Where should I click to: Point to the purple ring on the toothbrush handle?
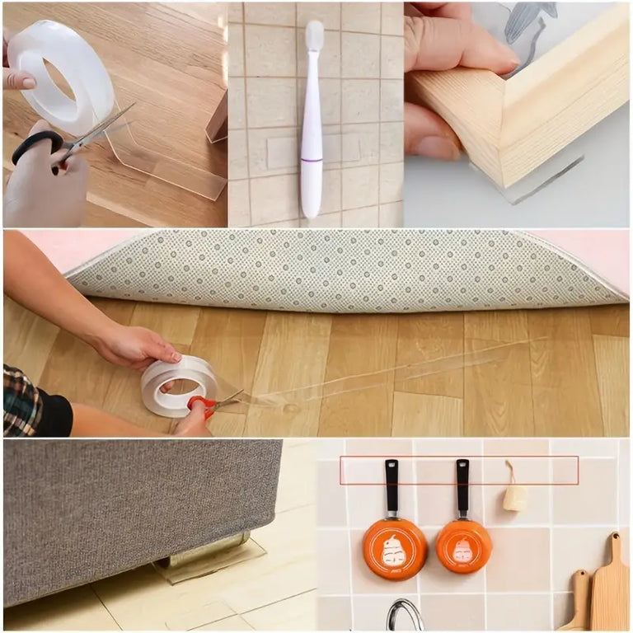[x=312, y=159]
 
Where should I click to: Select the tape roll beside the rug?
[x=177, y=386]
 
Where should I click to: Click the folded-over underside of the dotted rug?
[x=346, y=268]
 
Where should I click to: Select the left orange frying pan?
[x=395, y=548]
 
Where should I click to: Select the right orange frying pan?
[x=464, y=546]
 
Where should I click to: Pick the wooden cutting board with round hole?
[x=610, y=585]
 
